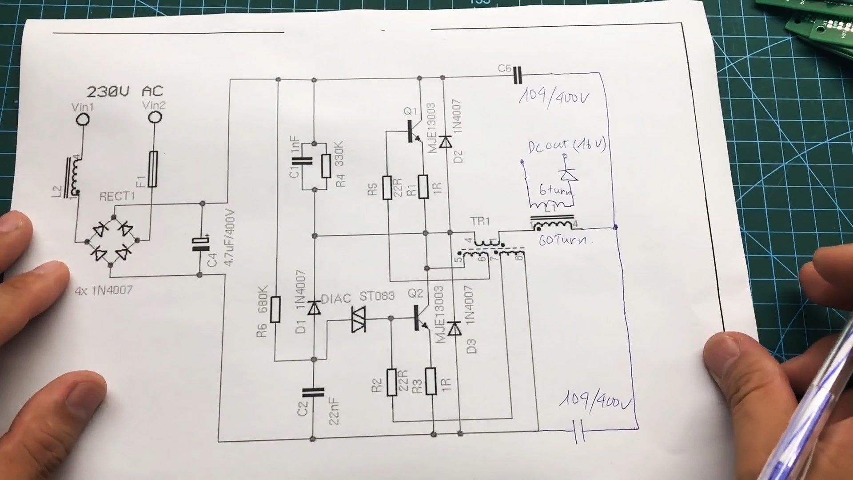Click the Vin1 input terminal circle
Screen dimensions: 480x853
(82, 119)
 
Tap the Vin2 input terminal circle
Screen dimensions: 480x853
(155, 117)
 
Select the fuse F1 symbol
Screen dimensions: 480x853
(153, 169)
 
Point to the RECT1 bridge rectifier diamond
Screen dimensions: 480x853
(112, 241)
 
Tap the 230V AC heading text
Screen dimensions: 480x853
(125, 92)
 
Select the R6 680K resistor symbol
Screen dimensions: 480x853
(275, 309)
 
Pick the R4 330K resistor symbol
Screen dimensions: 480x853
(327, 166)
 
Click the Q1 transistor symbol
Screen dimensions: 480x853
(413, 132)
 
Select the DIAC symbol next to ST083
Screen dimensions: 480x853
(358, 319)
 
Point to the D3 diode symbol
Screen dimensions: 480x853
(454, 329)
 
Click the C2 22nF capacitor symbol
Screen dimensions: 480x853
(313, 392)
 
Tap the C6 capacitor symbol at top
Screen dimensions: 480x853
(518, 75)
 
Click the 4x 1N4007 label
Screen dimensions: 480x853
(104, 291)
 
